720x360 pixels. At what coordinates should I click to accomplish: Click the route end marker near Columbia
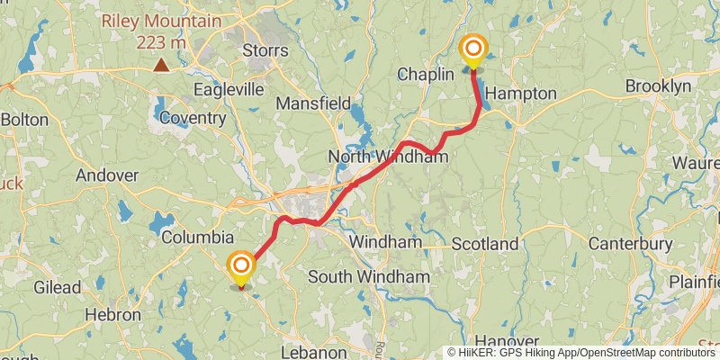click(x=241, y=267)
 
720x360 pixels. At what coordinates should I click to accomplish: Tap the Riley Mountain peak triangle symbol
click(x=161, y=64)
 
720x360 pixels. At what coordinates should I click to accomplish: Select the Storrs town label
click(x=265, y=50)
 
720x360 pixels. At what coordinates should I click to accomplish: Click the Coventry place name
click(x=194, y=118)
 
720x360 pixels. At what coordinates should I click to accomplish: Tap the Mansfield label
click(x=312, y=103)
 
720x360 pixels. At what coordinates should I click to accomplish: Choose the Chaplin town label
click(x=425, y=75)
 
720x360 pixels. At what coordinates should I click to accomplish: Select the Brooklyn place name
click(x=658, y=85)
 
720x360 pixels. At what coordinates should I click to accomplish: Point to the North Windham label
click(x=388, y=157)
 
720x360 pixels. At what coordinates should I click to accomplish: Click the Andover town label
click(x=107, y=175)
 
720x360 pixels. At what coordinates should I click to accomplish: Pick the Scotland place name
click(x=485, y=244)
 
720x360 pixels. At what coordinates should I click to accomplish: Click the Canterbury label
click(x=630, y=244)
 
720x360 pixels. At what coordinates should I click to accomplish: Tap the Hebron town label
click(x=112, y=315)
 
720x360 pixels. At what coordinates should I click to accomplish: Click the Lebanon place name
click(x=314, y=352)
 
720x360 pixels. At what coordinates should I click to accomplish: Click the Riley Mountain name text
click(x=161, y=21)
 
